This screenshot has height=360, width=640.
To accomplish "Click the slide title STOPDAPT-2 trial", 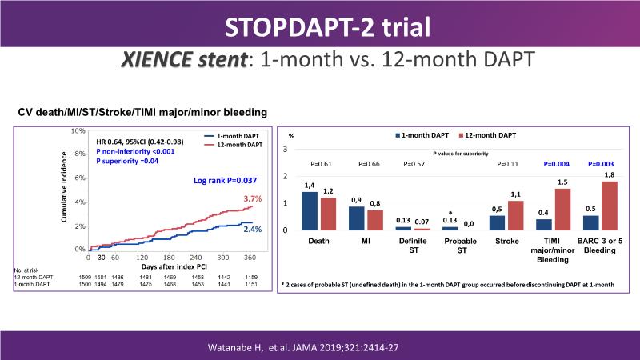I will pos(320,30).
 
